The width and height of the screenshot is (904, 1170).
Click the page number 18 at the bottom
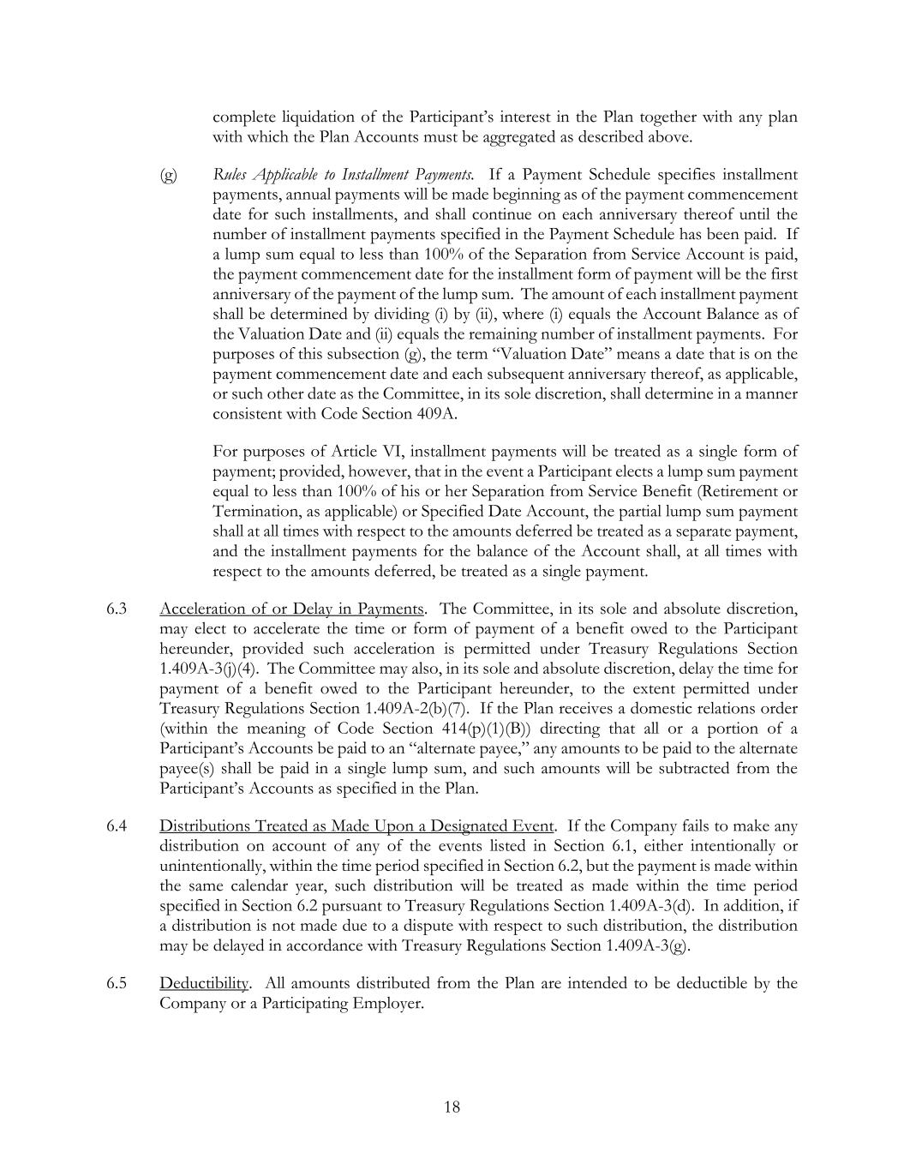[x=452, y=1107]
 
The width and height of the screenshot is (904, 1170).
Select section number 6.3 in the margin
[x=117, y=609]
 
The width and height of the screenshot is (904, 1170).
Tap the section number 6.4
[x=117, y=826]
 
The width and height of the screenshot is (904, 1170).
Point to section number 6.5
[x=117, y=983]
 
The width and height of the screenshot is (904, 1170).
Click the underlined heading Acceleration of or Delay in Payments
[x=291, y=609]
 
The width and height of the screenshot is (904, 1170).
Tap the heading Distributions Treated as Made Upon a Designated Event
[x=356, y=826]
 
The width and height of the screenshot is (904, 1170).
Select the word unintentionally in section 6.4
[x=211, y=867]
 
